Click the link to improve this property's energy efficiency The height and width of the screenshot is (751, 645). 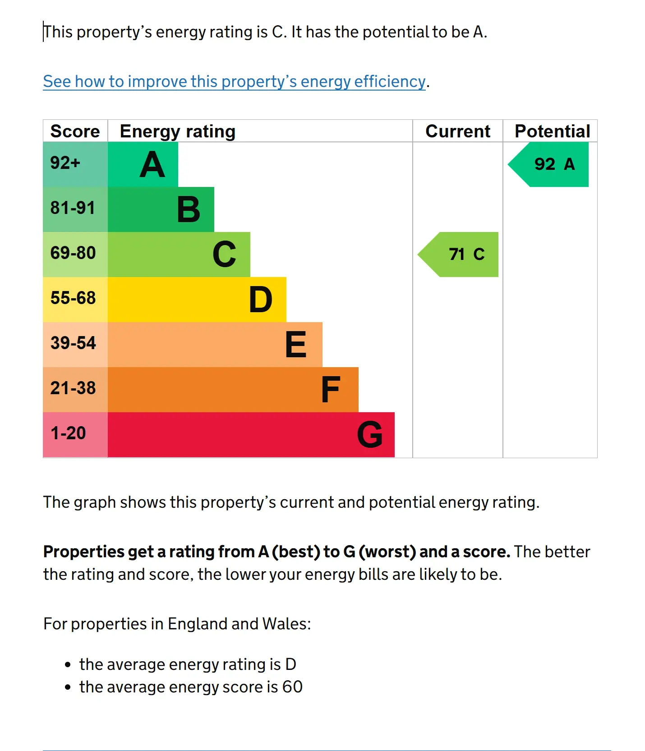pyautogui.click(x=234, y=82)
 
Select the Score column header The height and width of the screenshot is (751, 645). pyautogui.click(x=75, y=131)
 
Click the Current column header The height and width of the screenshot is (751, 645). pyautogui.click(x=458, y=131)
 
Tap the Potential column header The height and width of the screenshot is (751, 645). pyautogui.click(x=553, y=131)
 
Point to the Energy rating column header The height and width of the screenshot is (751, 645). pyautogui.click(x=178, y=132)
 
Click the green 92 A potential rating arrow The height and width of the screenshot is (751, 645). pyautogui.click(x=548, y=164)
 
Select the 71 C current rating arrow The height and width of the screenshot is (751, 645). pyautogui.click(x=458, y=255)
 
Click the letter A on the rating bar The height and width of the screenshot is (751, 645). pyautogui.click(x=152, y=165)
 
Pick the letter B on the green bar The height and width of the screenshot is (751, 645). pyautogui.click(x=189, y=210)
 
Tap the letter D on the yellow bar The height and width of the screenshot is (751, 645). pyautogui.click(x=261, y=300)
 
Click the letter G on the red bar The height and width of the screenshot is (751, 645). pyautogui.click(x=370, y=435)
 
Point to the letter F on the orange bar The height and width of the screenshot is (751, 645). pyautogui.click(x=331, y=390)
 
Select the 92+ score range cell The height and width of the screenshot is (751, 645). pyautogui.click(x=75, y=164)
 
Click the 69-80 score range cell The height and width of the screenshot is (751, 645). pyautogui.click(x=75, y=255)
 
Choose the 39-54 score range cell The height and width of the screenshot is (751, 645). pyautogui.click(x=75, y=345)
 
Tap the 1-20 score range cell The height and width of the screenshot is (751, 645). pyautogui.click(x=75, y=435)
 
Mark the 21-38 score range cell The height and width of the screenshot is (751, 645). pyautogui.click(x=75, y=390)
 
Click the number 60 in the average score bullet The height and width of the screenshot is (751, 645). pyautogui.click(x=292, y=687)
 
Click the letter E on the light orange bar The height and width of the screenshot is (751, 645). pyautogui.click(x=296, y=345)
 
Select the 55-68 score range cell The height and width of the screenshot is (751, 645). pyautogui.click(x=75, y=300)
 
